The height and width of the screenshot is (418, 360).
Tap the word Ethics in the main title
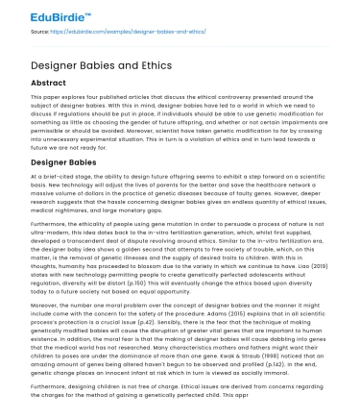[x=155, y=63]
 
